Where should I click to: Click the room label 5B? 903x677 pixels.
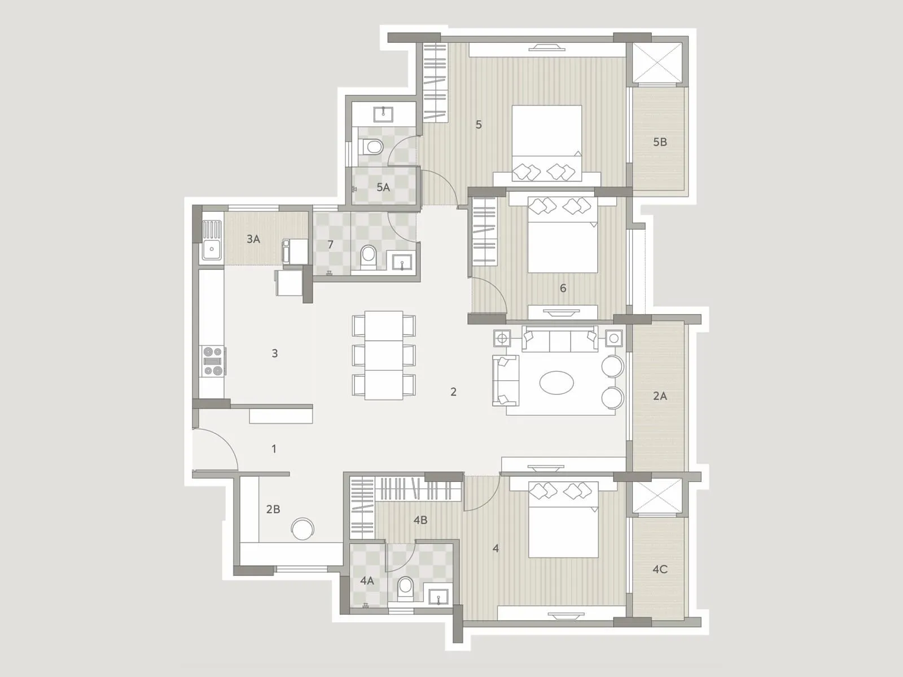660,142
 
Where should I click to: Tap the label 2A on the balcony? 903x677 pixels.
660,396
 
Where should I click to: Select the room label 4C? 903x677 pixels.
660,569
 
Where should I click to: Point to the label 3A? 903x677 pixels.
253,239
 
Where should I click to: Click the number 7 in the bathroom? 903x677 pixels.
331,245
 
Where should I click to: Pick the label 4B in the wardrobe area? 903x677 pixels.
420,520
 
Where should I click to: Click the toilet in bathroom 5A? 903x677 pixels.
372,147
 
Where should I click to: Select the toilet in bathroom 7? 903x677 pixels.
368,255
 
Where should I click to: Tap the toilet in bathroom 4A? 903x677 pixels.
405,587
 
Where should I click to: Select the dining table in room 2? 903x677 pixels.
384,355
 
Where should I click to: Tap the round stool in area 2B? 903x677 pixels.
303,529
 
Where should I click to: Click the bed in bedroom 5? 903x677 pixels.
546,143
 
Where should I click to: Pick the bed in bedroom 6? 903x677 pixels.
562,235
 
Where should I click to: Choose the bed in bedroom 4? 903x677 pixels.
563,520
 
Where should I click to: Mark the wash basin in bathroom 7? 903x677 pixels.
402,262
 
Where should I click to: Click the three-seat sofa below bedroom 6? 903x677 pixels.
560,339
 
